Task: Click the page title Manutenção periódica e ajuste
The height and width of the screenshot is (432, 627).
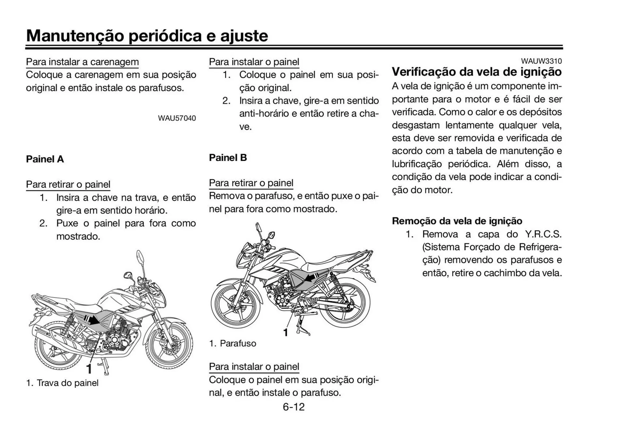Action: click(x=147, y=36)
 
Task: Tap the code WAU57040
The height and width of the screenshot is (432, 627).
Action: click(x=177, y=118)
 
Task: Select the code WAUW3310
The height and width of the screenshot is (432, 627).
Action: click(x=541, y=61)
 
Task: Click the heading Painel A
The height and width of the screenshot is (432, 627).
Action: click(x=45, y=159)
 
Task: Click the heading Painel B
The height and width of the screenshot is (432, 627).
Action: click(x=228, y=158)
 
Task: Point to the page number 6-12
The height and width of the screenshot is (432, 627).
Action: click(x=294, y=407)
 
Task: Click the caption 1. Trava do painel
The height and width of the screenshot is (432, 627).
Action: click(x=62, y=383)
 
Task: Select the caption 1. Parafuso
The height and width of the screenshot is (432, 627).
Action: click(x=233, y=343)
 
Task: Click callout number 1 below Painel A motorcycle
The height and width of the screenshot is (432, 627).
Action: click(x=89, y=369)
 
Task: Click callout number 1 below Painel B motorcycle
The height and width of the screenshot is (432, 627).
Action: click(x=285, y=332)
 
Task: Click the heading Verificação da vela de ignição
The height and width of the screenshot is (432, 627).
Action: click(x=476, y=72)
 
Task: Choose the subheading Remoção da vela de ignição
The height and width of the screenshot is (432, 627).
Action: click(x=457, y=221)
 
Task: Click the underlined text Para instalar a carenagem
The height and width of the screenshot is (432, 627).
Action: click(x=82, y=62)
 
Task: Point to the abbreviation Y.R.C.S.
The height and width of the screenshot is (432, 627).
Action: click(x=543, y=234)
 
